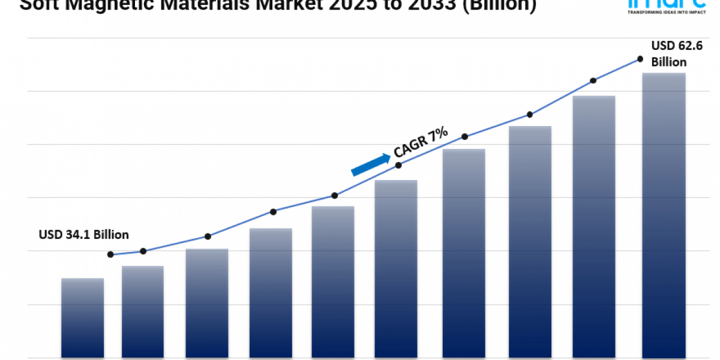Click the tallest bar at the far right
click(x=664, y=216)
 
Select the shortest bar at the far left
click(x=83, y=318)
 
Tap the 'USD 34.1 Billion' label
click(x=83, y=234)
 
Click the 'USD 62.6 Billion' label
click(x=669, y=53)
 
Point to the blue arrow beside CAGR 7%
click(x=370, y=164)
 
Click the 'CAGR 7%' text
click(x=421, y=143)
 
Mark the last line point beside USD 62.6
click(x=640, y=59)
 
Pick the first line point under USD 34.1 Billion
click(x=110, y=254)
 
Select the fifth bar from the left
click(x=333, y=282)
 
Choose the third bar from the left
click(x=207, y=303)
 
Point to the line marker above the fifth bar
click(x=335, y=196)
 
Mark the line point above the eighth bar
click(x=530, y=114)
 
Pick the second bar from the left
click(x=143, y=312)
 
